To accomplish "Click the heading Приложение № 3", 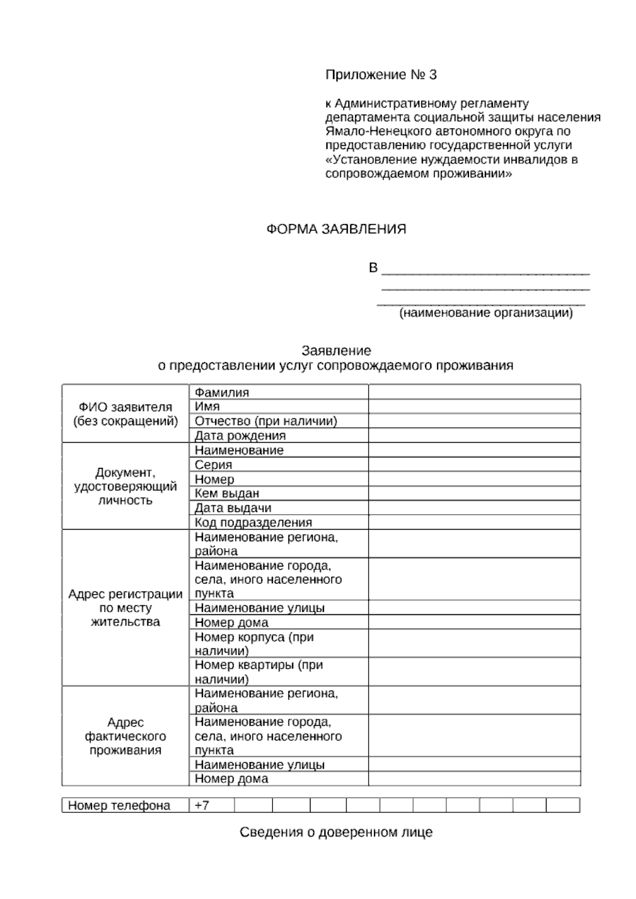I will coord(381,75).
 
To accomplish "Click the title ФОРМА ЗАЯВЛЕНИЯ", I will coord(335,229).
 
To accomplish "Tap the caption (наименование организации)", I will coord(485,313).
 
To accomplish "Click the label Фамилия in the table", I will coord(222,392).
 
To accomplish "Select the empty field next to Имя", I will coord(474,407).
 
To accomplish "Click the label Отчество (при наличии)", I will coord(266,421).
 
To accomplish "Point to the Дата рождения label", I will coord(240,436).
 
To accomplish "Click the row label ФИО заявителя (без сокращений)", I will coord(126,414).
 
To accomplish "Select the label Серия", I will coord(214,465).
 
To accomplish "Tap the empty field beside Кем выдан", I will coord(474,493).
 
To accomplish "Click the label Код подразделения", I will coord(253,523).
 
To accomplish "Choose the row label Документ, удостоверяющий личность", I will coord(126,486).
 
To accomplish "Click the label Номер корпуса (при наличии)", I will coord(254,644).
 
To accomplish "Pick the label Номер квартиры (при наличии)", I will coord(259,672).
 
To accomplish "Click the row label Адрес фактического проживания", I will coord(126,736).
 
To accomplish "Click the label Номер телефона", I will coord(119,805).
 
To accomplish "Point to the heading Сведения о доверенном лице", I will coord(336,832).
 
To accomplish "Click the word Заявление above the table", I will coord(336,350).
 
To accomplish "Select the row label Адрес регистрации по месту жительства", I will coord(126,607).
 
